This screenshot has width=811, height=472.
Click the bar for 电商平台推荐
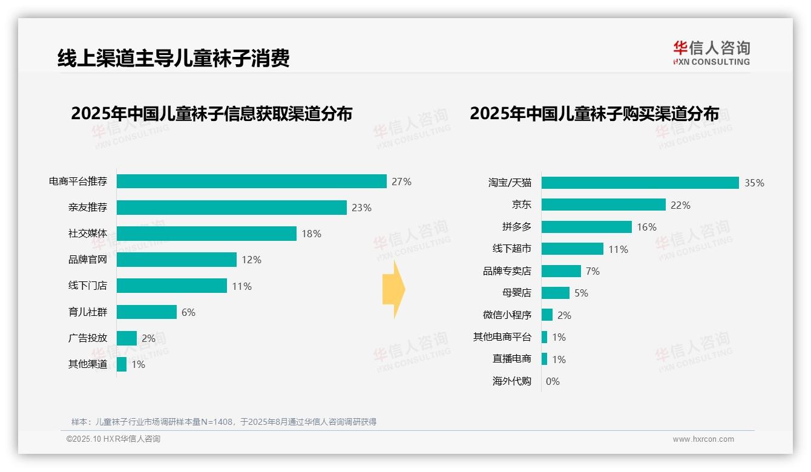251,182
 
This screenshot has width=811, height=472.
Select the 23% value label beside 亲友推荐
361,208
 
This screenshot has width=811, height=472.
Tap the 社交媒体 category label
88,234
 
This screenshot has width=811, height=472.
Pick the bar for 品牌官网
176,260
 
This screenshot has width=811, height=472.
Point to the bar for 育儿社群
146,312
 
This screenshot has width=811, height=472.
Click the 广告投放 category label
88,338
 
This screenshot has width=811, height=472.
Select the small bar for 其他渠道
122,364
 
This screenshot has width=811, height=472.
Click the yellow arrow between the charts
394,289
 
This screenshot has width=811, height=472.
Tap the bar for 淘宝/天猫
640,183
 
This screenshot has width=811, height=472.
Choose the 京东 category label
521,205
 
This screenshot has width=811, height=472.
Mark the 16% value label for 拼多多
646,227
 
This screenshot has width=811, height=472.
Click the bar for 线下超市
572,249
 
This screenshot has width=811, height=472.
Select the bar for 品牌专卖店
561,271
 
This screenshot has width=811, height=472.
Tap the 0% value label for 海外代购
553,381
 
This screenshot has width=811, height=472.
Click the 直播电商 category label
511,359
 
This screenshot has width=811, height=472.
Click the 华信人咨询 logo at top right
711,53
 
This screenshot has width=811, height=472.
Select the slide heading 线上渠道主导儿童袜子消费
174,58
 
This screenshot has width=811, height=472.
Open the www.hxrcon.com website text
703,439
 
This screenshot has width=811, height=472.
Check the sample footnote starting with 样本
224,422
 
